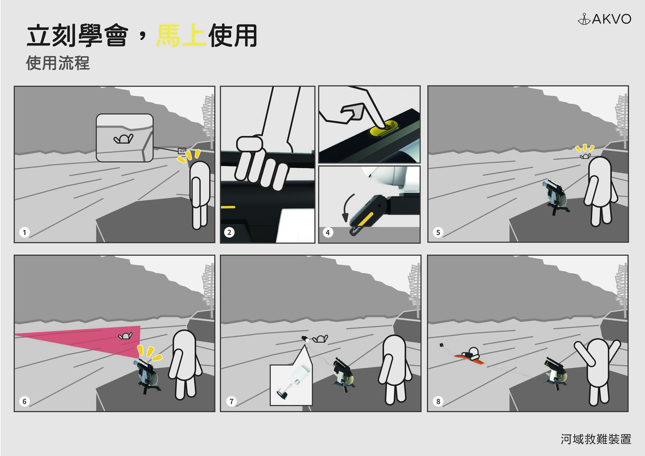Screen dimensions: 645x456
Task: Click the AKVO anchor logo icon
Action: coord(584,19)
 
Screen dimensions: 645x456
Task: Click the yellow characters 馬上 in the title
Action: coord(181,36)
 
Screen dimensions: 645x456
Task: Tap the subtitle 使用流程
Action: coord(58,63)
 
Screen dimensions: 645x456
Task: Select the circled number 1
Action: coord(25,233)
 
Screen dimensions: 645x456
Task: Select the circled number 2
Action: coord(229,233)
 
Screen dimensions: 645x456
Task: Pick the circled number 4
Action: coord(328,233)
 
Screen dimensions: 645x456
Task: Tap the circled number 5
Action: coord(438,233)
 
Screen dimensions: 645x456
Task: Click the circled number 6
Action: coord(25,401)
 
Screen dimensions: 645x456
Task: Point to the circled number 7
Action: coord(231,401)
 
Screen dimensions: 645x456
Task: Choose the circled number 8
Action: coord(438,401)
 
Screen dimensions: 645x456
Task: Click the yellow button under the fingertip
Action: coord(383,129)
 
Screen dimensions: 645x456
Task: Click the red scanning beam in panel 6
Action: coord(86,340)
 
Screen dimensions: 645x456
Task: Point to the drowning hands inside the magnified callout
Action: coord(123,139)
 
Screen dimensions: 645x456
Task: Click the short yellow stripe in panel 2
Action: coord(228,207)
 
